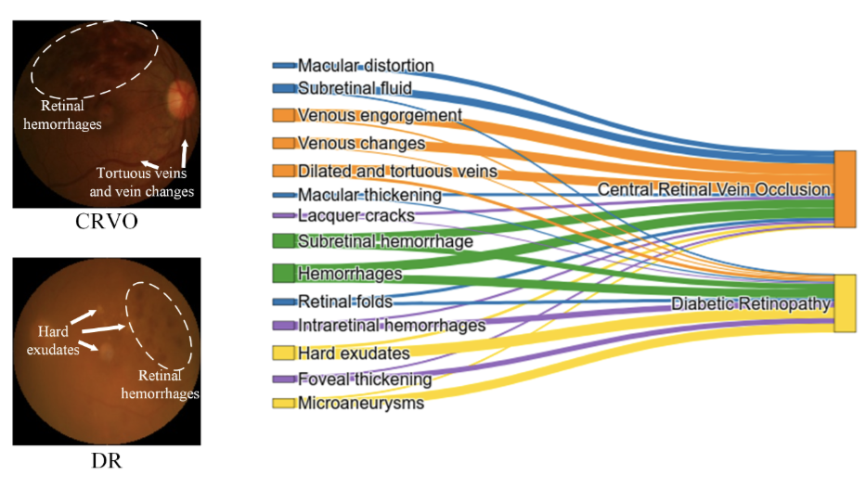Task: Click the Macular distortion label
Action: click(366, 66)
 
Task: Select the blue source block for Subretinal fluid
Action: click(284, 88)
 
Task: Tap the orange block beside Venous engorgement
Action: click(283, 115)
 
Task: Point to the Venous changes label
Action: click(362, 144)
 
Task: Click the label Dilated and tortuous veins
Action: click(397, 171)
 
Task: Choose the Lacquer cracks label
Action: click(356, 215)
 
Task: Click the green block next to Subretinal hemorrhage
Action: click(283, 240)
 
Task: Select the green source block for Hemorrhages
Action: click(283, 274)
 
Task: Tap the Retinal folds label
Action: click(345, 302)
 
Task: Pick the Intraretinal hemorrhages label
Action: click(392, 326)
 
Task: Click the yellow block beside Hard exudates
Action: click(283, 353)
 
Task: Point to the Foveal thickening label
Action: click(365, 379)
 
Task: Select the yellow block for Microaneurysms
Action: click(283, 403)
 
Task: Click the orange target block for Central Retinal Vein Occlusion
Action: click(845, 188)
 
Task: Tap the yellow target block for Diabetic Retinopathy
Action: click(845, 303)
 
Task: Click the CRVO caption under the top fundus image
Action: click(107, 222)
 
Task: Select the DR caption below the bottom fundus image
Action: click(106, 460)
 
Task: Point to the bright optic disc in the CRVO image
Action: click(181, 98)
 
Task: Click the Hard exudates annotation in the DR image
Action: click(53, 340)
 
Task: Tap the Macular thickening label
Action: click(369, 195)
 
